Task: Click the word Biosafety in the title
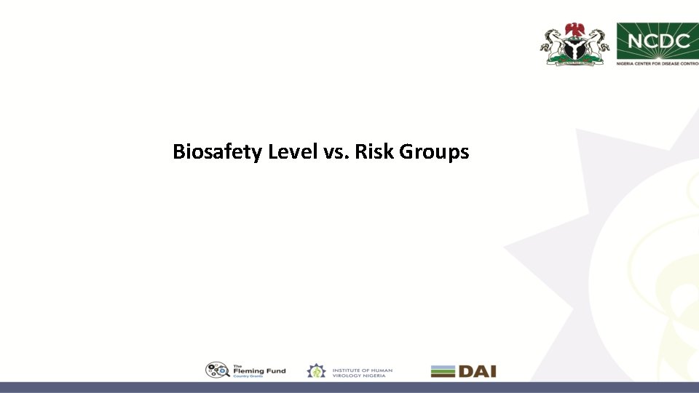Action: (x=218, y=152)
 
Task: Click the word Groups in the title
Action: (x=434, y=152)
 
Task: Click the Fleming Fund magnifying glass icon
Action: (x=217, y=370)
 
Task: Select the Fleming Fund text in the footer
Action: (x=259, y=370)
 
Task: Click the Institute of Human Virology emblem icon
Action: (x=316, y=371)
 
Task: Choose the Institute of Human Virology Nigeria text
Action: (x=362, y=371)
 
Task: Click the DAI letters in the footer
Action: (x=477, y=371)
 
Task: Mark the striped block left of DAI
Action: (x=443, y=371)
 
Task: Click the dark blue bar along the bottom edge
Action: (x=349, y=387)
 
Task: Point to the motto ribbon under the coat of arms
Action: (x=575, y=63)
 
